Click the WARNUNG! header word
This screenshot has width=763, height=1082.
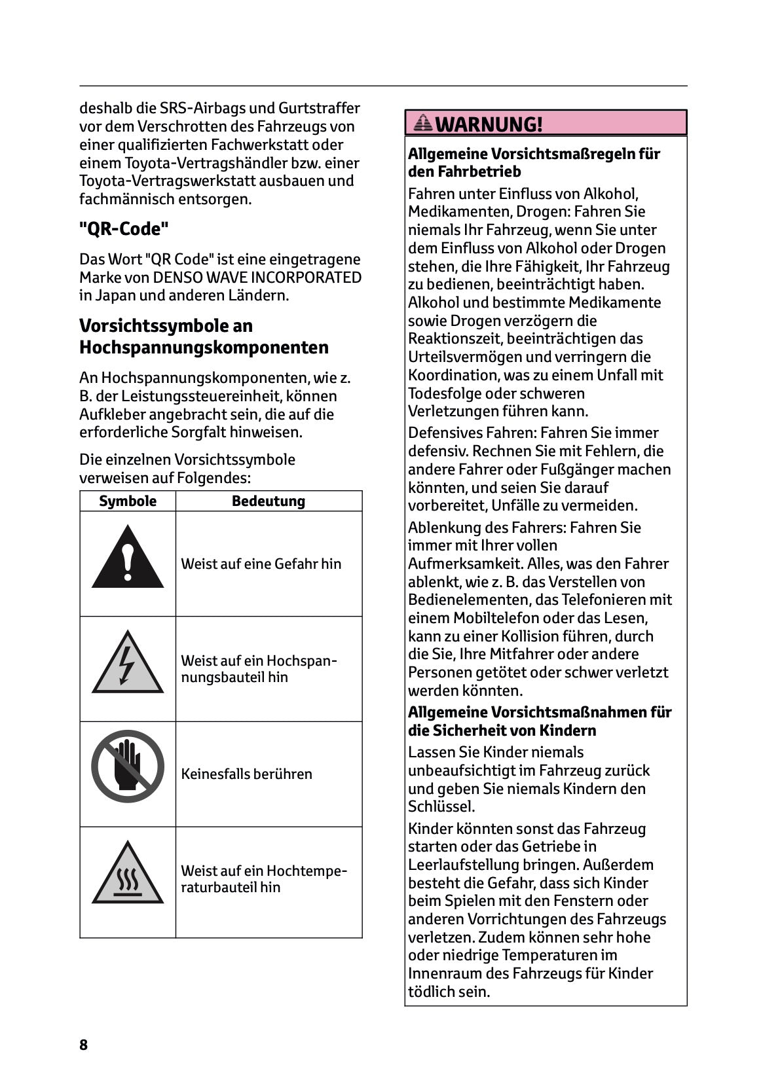pyautogui.click(x=489, y=124)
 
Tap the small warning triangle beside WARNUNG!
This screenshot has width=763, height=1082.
pyautogui.click(x=423, y=122)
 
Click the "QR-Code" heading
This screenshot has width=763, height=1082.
pyautogui.click(x=124, y=229)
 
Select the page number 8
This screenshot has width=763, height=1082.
pyautogui.click(x=83, y=1045)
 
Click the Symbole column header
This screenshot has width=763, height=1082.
pyautogui.click(x=128, y=501)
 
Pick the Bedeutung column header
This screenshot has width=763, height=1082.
pyautogui.click(x=269, y=501)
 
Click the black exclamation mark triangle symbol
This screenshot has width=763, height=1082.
pyautogui.click(x=128, y=560)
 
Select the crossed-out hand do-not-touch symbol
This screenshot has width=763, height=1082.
pyautogui.click(x=128, y=766)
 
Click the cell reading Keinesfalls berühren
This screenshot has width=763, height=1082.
pyautogui.click(x=246, y=774)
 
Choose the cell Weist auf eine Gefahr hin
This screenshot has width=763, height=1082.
pyautogui.click(x=261, y=564)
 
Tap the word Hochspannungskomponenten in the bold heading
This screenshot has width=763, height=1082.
pyautogui.click(x=204, y=348)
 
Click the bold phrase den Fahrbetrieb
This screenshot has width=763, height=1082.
pyautogui.click(x=464, y=172)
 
